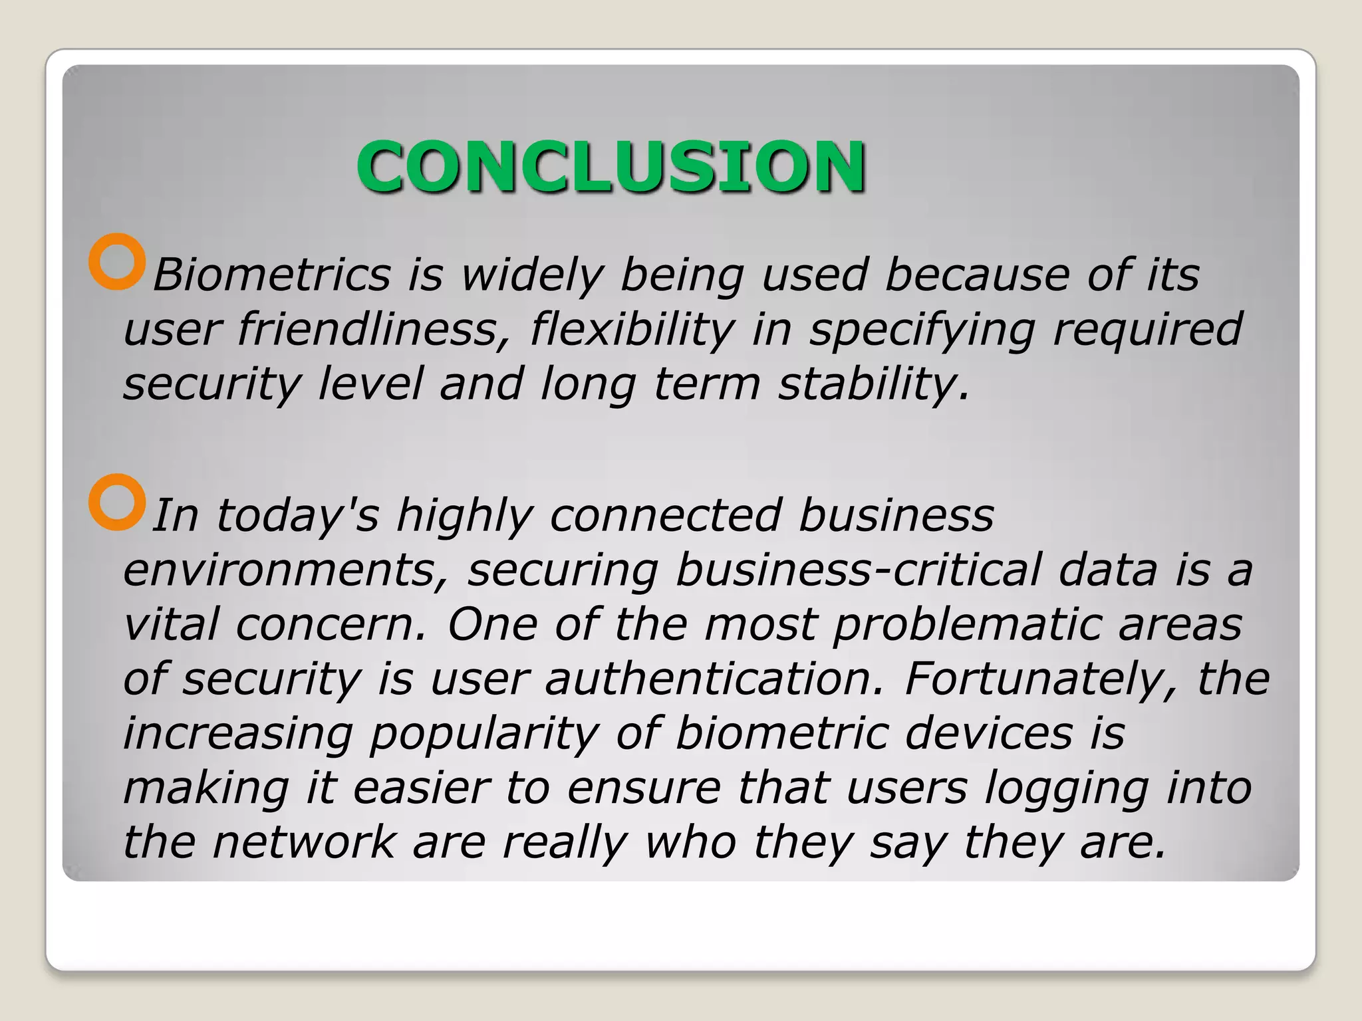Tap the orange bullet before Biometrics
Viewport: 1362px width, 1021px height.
(x=117, y=261)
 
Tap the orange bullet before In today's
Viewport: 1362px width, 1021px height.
(x=117, y=502)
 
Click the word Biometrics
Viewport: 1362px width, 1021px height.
(x=271, y=275)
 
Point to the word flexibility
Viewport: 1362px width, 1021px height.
(x=632, y=329)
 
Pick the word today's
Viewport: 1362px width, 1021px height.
(x=297, y=515)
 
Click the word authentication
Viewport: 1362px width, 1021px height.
(x=715, y=679)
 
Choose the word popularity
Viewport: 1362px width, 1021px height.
(x=485, y=734)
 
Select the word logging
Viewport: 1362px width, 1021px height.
(x=1066, y=788)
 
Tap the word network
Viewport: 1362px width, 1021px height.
(x=304, y=843)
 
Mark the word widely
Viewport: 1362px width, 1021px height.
(x=532, y=275)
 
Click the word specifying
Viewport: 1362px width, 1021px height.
(x=922, y=329)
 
